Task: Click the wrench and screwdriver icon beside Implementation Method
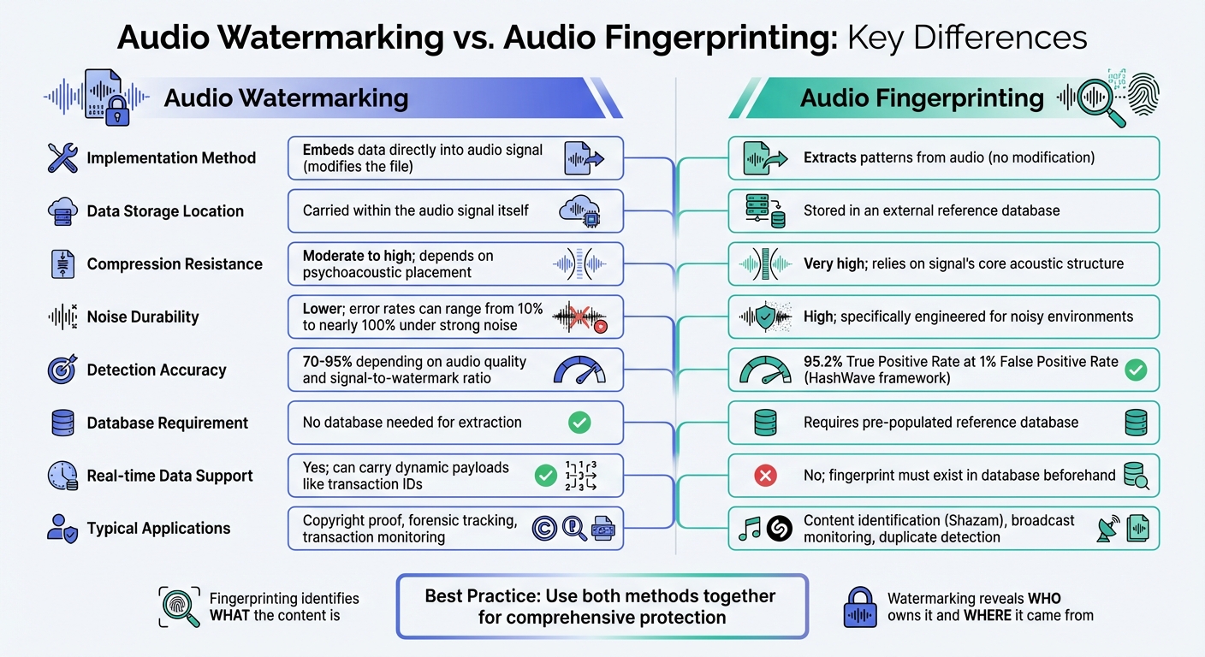coord(63,158)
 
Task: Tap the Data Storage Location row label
coord(165,211)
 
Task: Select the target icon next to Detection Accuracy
coord(63,370)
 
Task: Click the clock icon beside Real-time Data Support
coord(63,476)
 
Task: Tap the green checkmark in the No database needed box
coord(579,422)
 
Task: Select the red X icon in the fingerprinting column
coord(765,476)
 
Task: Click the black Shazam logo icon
coord(779,530)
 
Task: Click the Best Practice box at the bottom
coord(602,607)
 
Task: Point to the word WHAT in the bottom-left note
coord(229,615)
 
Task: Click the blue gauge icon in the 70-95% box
coord(579,370)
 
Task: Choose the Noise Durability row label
coord(142,317)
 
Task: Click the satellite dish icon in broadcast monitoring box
coord(1107,530)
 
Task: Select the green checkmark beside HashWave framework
coord(1136,370)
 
